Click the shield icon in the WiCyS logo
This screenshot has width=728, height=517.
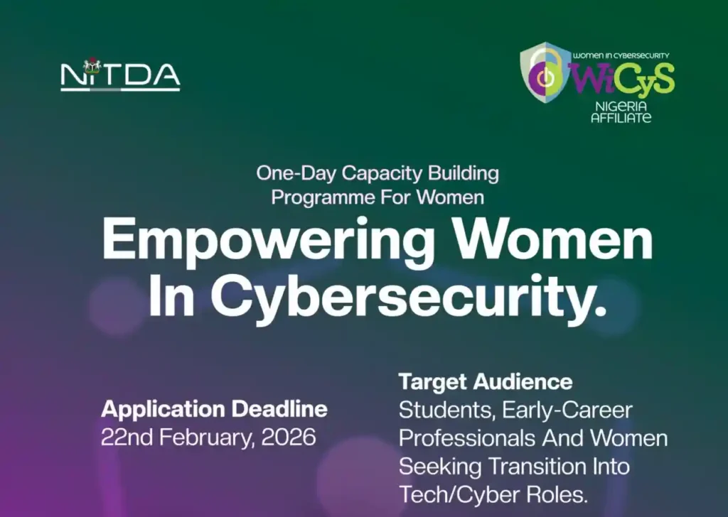546,73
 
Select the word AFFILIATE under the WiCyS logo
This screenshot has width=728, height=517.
621,117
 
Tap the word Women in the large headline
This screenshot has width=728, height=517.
579,239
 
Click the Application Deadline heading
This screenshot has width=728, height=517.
214,409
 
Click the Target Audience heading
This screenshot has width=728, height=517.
485,381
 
